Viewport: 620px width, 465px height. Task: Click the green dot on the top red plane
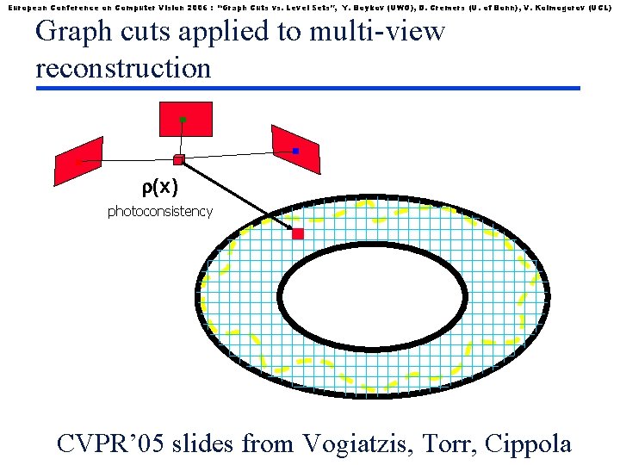(x=183, y=120)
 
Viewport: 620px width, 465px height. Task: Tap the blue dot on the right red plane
(x=295, y=151)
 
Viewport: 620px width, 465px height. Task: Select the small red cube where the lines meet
(x=178, y=159)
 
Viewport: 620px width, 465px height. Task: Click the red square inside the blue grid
(x=298, y=233)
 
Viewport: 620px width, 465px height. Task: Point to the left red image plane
(x=78, y=160)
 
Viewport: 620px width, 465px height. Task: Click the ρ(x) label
(x=159, y=189)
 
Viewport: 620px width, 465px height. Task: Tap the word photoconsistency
(x=159, y=211)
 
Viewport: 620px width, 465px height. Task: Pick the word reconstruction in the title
(x=123, y=67)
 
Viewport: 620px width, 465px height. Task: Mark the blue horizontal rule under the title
(x=307, y=88)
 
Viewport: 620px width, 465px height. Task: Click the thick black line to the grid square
(x=237, y=195)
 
